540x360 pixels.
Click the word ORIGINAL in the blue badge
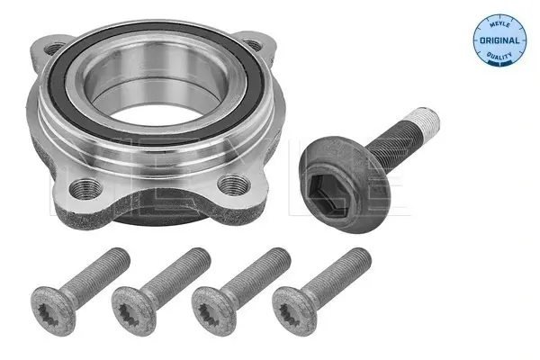click(499, 40)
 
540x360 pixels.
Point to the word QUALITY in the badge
click(499, 56)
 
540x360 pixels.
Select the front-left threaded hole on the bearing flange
click(85, 188)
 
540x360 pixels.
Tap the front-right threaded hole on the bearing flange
click(234, 186)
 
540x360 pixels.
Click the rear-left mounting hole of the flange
click(54, 49)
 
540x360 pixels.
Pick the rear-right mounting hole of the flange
click(253, 44)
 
